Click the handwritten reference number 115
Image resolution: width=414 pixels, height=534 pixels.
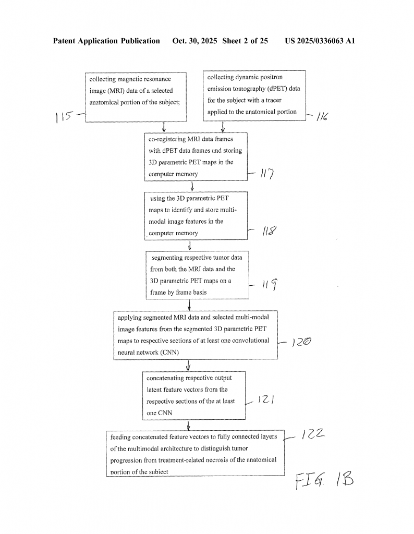pos(63,117)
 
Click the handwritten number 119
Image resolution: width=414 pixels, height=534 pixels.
pos(270,285)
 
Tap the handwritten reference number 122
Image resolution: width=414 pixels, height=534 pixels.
pos(313,434)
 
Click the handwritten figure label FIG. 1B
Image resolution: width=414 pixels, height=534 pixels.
pos(324,480)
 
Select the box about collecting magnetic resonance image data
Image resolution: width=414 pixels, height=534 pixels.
pos(135,97)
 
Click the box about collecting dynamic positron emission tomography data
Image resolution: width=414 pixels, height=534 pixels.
pos(253,95)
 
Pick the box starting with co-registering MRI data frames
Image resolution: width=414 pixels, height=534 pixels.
pos(196,156)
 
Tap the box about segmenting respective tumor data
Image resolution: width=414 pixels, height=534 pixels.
pos(197,275)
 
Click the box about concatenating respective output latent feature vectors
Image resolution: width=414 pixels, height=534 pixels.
pos(194,395)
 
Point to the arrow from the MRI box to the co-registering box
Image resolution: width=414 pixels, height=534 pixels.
pos(164,127)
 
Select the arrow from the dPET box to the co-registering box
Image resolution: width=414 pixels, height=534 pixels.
pos(223,126)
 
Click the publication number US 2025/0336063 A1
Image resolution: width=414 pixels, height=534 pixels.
pos(320,41)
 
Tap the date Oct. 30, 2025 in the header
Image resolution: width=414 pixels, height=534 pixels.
pos(196,41)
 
